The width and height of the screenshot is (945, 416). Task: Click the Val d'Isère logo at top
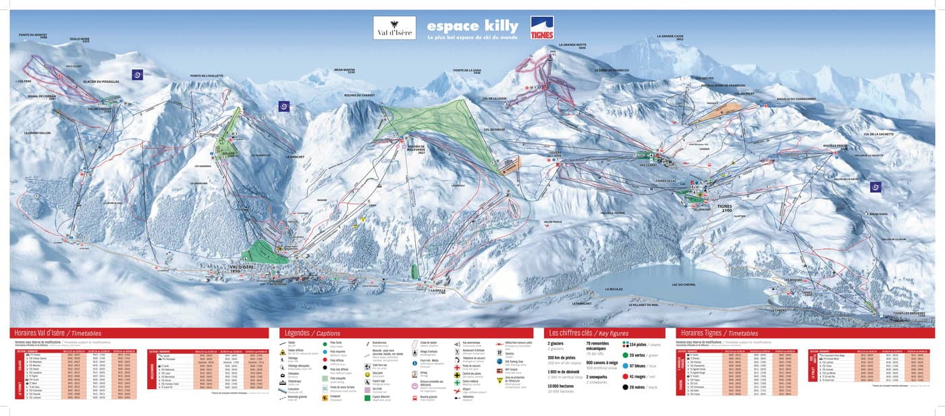coord(394,28)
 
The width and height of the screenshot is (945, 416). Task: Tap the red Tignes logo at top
coord(541,28)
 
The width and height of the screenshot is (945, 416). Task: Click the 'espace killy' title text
coord(473,26)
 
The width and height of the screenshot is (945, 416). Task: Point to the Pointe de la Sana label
coord(467,71)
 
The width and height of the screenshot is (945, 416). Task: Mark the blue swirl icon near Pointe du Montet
coord(138,75)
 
